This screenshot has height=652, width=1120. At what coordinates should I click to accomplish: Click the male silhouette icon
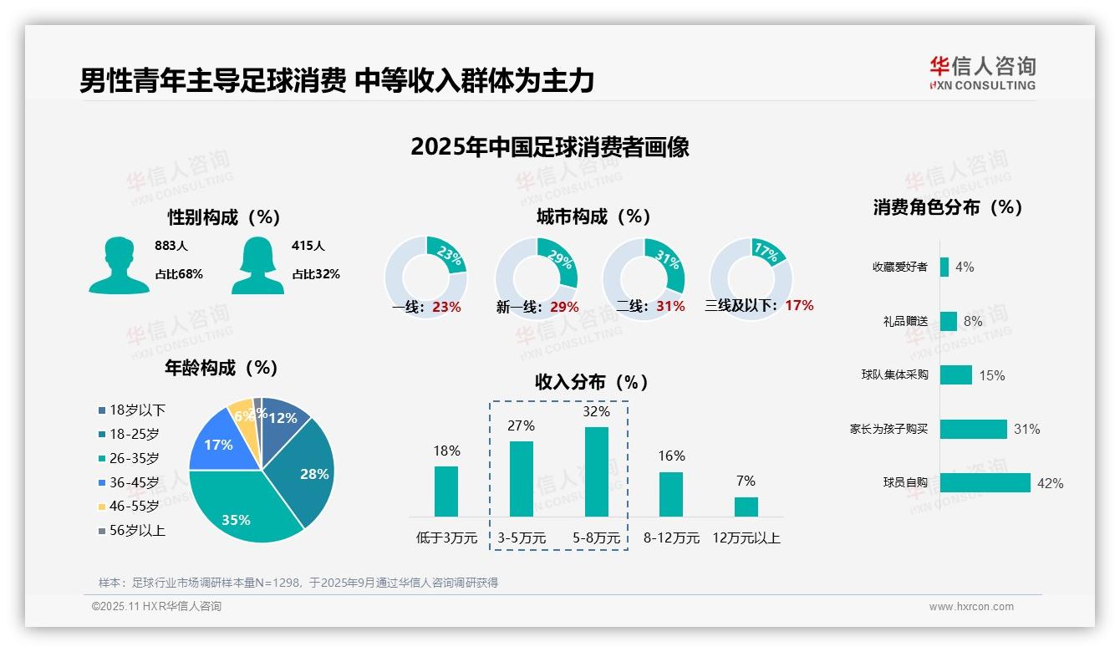pos(119,265)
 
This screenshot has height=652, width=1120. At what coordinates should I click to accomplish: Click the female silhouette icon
pos(257,265)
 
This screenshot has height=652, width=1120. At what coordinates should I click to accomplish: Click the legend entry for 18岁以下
pos(131,410)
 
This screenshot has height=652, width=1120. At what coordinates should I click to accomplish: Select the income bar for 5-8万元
pos(596,472)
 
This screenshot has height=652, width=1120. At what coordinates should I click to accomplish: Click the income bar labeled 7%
pos(746,507)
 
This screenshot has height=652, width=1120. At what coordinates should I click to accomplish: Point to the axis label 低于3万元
pos(446,538)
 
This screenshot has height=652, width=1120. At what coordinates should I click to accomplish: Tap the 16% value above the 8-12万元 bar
pos(671,456)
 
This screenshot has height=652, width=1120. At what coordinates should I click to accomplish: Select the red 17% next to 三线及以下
pos(799,305)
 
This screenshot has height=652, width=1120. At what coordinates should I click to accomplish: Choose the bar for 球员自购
pos(985,482)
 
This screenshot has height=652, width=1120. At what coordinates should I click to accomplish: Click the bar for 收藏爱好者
pos(944,267)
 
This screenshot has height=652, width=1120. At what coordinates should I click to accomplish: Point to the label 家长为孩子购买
pos(888,429)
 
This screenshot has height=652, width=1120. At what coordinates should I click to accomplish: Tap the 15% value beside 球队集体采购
pos(991,375)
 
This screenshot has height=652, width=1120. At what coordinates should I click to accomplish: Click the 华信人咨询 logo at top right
pos(982,74)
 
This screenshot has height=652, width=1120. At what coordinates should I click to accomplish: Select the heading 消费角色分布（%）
pos(948,207)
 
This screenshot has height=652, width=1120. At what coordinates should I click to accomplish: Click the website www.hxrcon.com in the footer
pos(970,607)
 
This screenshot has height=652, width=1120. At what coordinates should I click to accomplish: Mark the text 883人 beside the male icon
pos(171,246)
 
